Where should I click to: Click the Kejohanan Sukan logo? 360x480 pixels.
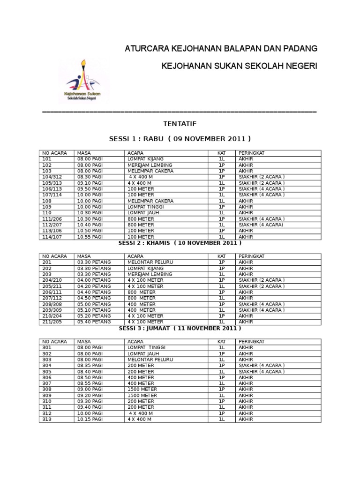(83, 82)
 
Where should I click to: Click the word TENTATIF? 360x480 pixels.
(180, 124)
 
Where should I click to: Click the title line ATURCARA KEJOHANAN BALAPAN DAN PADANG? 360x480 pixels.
(221, 49)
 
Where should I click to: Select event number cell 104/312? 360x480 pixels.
(52, 177)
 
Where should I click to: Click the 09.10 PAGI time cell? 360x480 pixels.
(90, 183)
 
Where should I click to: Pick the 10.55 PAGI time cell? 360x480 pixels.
(90, 237)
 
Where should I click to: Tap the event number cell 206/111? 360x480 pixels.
(52, 292)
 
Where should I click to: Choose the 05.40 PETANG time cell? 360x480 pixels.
(94, 322)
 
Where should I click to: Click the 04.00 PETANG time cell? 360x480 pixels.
(94, 280)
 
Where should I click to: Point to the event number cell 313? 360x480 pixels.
(47, 420)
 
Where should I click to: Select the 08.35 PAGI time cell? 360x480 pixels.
(90, 366)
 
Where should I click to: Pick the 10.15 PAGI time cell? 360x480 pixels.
(90, 420)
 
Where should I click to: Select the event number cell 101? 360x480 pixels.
(47, 159)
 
